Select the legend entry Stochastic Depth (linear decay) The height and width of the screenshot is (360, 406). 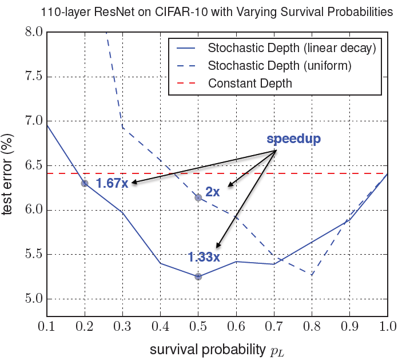[x=291, y=48]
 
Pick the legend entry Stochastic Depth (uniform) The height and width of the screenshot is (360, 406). [x=279, y=66]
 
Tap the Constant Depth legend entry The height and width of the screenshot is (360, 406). [x=250, y=84]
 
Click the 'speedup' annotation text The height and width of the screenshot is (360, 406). [x=293, y=139]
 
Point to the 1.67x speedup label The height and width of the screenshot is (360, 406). [x=112, y=184]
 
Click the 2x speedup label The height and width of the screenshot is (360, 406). [x=213, y=192]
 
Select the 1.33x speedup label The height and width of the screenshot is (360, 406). [x=204, y=257]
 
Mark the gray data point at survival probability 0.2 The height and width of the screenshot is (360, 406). [x=85, y=183]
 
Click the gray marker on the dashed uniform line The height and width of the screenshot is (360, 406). [x=198, y=197]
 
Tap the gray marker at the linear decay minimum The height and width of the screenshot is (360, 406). [x=198, y=276]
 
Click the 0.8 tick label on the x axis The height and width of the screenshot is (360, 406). [x=312, y=327]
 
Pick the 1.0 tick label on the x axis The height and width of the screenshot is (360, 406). [x=388, y=327]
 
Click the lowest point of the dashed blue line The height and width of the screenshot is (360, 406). [x=312, y=275]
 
